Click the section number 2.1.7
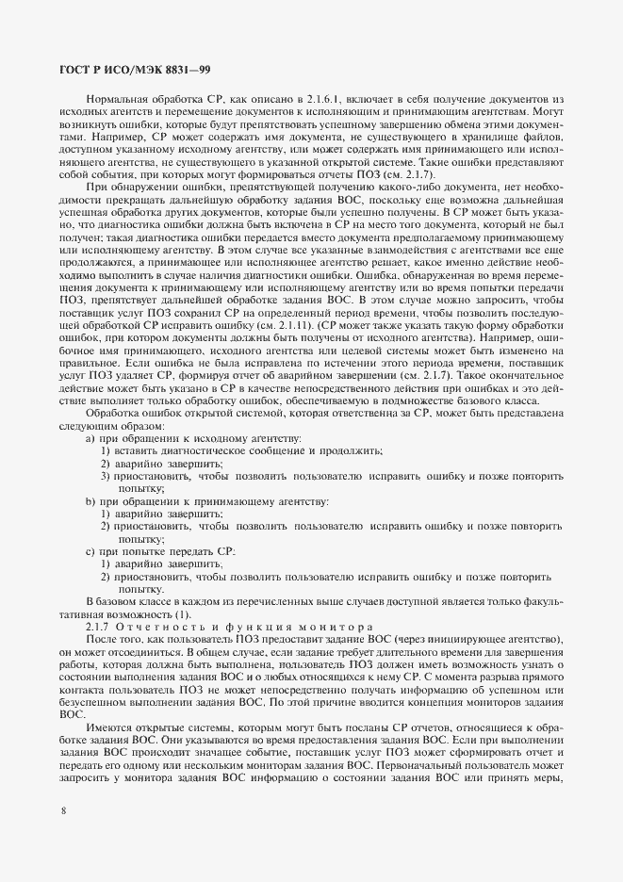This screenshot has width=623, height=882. click(101, 627)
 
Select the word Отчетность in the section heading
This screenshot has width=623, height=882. click(173, 627)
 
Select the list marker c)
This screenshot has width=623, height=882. click(90, 549)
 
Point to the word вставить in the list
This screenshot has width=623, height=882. click(136, 451)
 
